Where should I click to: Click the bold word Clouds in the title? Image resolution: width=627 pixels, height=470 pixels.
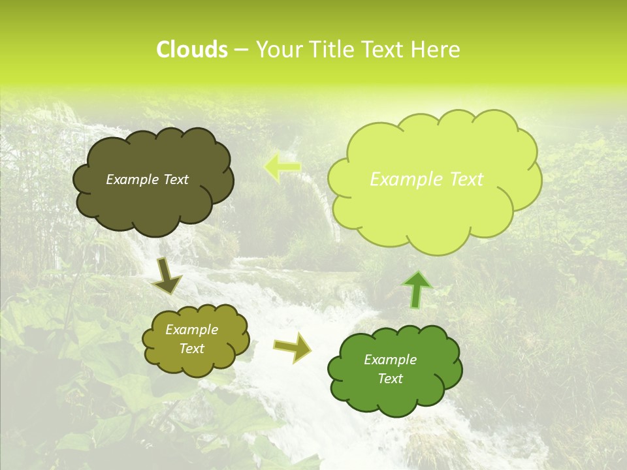(x=191, y=50)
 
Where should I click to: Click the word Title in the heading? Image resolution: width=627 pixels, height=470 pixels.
(x=330, y=50)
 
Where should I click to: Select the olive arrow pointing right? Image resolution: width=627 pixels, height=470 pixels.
(x=293, y=347)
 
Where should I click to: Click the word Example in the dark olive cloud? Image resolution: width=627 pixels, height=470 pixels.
(x=132, y=180)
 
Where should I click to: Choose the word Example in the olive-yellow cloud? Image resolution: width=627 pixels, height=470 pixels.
(x=191, y=330)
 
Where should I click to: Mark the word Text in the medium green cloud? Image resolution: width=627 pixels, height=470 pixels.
(x=390, y=379)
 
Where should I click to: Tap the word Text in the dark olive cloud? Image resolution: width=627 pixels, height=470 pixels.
(x=175, y=180)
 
